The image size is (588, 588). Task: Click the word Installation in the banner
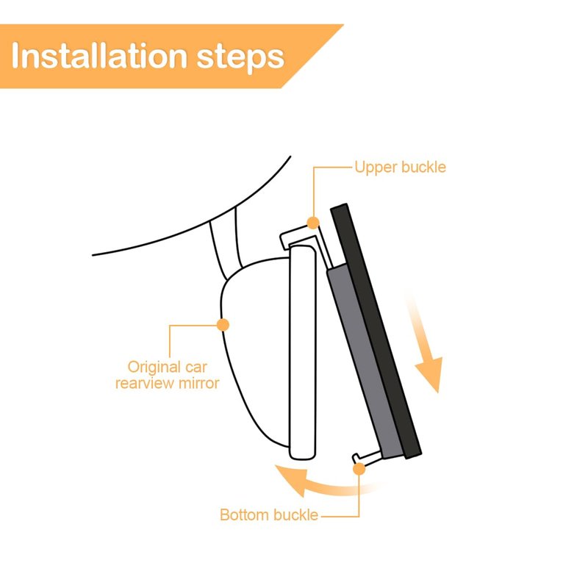point(99,56)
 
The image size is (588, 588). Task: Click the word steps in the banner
point(240,58)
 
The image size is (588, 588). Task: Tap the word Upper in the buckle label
point(376,168)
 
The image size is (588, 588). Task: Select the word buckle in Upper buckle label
point(424,167)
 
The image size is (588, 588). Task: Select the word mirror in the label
point(198,383)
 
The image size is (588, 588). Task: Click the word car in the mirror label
point(196,367)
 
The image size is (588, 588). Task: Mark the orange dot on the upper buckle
point(313,223)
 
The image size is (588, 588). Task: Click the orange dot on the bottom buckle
point(359,469)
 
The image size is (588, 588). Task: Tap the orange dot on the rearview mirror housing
point(223,325)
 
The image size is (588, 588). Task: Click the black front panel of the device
point(376,331)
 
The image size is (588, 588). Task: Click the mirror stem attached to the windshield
point(226,245)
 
